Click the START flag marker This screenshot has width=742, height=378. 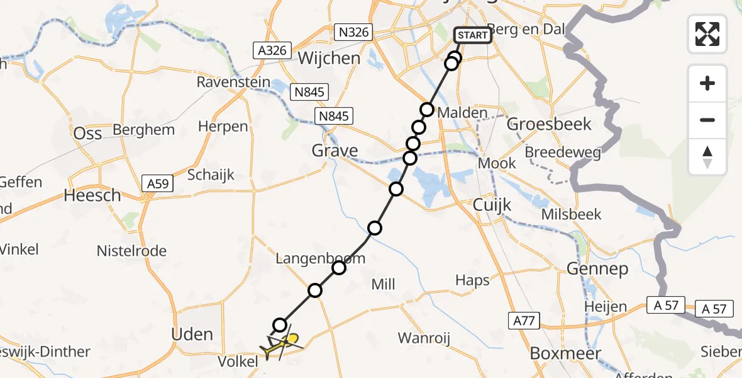(473, 35)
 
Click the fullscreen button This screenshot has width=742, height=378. (707, 33)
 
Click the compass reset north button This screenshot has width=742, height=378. (707, 157)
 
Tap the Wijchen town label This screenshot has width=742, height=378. (329, 59)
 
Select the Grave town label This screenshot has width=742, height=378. (335, 151)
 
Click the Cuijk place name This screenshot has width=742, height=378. (492, 205)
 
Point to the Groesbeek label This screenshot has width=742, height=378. (549, 123)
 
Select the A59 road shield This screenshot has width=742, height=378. (159, 184)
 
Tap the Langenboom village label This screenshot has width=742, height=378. (321, 258)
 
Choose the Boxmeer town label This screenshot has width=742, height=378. (565, 353)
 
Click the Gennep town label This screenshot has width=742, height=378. (597, 269)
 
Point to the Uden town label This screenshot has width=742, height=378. (192, 334)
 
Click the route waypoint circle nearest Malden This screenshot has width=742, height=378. (427, 110)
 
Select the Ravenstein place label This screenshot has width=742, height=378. (233, 83)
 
